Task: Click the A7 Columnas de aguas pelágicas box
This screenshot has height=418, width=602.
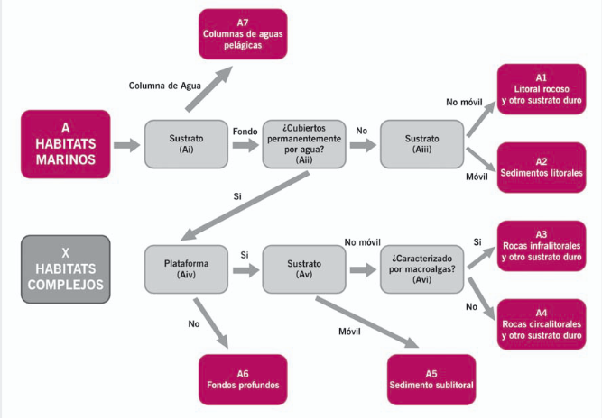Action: pyautogui.click(x=243, y=34)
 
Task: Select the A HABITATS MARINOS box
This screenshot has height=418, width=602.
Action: pyautogui.click(x=66, y=144)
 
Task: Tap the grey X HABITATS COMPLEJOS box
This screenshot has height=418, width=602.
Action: pyautogui.click(x=66, y=269)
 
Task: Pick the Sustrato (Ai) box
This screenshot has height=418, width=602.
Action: pyautogui.click(x=186, y=144)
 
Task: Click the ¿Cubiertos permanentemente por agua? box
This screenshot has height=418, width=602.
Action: pyautogui.click(x=304, y=144)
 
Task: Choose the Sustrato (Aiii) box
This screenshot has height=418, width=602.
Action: pyautogui.click(x=421, y=144)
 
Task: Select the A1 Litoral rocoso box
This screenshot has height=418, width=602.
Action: pyautogui.click(x=542, y=89)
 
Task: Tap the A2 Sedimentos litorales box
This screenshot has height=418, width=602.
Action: pyautogui.click(x=542, y=168)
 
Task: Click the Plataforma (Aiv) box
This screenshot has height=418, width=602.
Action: pyautogui.click(x=186, y=269)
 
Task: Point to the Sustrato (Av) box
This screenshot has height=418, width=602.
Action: pyautogui.click(x=304, y=269)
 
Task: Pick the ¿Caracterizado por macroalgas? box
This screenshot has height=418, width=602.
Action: pyautogui.click(x=421, y=269)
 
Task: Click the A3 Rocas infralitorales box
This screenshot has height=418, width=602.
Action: pyautogui.click(x=542, y=246)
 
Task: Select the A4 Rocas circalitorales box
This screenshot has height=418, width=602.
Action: pyautogui.click(x=542, y=324)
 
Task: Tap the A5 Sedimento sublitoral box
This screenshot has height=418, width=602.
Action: pyautogui.click(x=431, y=379)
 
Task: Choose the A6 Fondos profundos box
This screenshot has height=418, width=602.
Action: pyautogui.click(x=243, y=379)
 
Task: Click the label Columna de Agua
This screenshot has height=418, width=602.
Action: pyautogui.click(x=164, y=86)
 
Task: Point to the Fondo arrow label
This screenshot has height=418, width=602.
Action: pyautogui.click(x=245, y=132)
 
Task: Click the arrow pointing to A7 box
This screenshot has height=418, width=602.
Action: pyautogui.click(x=209, y=89)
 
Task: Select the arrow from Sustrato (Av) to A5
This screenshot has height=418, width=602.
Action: pyautogui.click(x=367, y=323)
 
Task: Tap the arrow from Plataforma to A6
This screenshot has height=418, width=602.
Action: pyautogui.click(x=211, y=323)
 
